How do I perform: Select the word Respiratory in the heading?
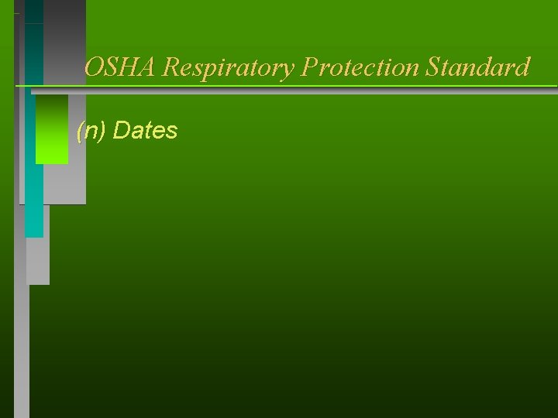click(x=229, y=68)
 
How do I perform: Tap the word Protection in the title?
click(x=361, y=68)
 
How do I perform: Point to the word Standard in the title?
click(x=478, y=67)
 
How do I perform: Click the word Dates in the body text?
click(x=145, y=131)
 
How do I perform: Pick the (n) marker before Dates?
click(x=91, y=131)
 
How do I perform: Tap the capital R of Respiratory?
click(x=172, y=67)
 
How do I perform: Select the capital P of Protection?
click(x=310, y=67)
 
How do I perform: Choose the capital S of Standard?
click(x=432, y=67)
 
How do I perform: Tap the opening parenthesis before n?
click(x=80, y=131)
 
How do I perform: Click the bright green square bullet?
click(x=51, y=129)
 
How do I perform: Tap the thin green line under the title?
click(x=310, y=85)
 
